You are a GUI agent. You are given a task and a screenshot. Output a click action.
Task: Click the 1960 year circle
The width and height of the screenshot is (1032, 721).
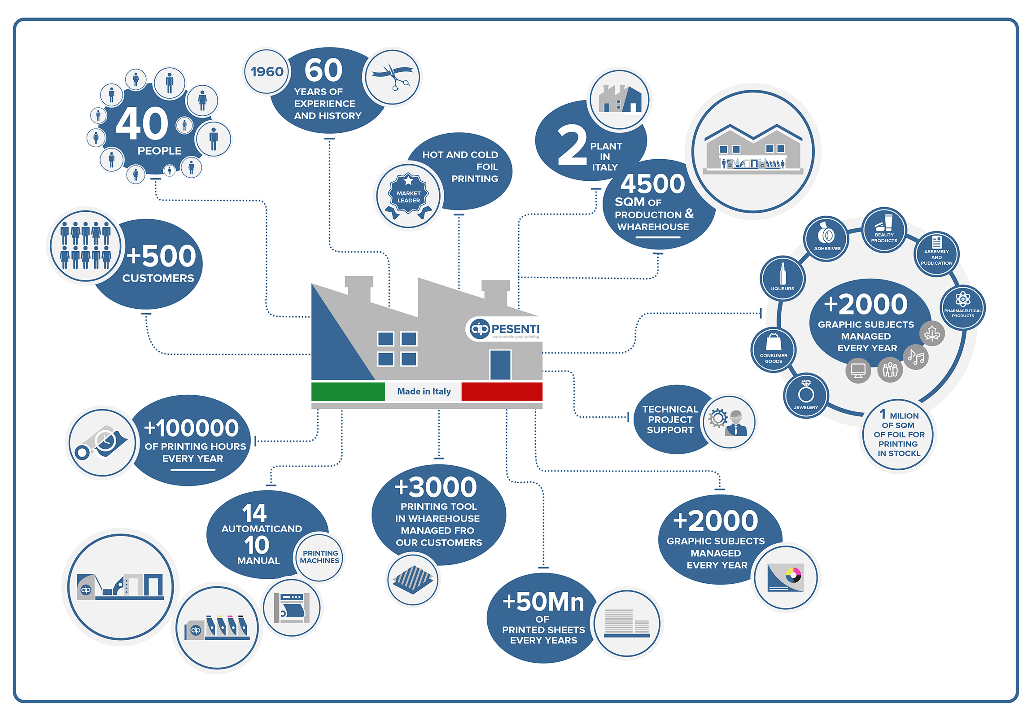point(267,72)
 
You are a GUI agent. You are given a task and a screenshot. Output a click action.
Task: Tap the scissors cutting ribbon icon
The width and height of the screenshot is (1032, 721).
point(393,76)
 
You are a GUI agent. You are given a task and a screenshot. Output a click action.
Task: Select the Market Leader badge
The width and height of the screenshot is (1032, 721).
point(408,197)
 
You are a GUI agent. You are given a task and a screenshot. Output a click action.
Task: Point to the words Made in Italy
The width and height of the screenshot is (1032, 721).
point(424,391)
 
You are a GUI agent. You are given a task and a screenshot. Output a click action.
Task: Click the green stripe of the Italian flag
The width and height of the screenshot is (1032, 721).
point(348,391)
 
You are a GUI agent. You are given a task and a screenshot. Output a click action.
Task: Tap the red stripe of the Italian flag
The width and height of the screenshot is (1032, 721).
point(502,391)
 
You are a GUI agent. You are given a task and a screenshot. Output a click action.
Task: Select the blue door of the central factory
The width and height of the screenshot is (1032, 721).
point(500,365)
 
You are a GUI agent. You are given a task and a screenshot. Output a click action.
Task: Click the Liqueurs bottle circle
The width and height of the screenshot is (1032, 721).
point(782,278)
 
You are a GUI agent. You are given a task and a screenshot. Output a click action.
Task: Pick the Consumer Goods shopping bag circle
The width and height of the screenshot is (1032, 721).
point(773,349)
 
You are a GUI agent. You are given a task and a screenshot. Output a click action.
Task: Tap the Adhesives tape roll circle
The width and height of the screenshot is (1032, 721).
point(826,237)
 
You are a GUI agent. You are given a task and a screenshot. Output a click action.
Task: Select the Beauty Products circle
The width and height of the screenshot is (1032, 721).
point(883,229)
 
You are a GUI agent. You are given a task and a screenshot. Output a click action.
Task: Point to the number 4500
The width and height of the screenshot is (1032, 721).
point(653,184)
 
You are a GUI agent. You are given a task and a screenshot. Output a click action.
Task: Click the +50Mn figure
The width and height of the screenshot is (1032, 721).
point(543,602)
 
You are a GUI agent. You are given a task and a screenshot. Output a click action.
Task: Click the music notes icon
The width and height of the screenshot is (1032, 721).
point(916,357)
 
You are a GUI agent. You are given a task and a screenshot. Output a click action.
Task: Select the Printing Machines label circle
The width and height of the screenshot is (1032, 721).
point(319,557)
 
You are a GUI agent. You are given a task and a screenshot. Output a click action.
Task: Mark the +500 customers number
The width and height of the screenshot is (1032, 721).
point(162,256)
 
